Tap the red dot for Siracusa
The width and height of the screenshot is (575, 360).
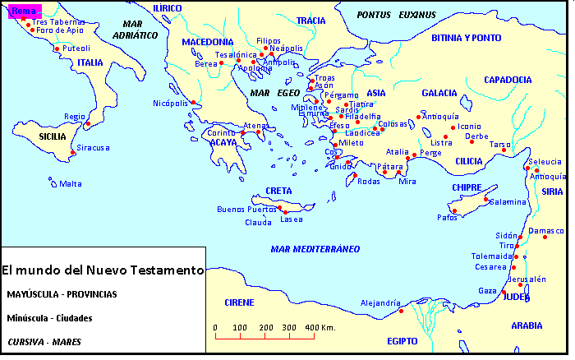click(x=72, y=153)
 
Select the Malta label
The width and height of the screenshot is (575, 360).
click(x=71, y=183)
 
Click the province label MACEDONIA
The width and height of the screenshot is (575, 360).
click(x=208, y=42)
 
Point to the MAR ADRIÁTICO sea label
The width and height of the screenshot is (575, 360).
click(x=136, y=30)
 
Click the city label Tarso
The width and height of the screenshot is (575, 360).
click(x=499, y=144)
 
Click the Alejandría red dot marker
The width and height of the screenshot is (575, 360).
click(x=401, y=311)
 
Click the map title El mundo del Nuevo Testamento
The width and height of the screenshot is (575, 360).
click(x=102, y=270)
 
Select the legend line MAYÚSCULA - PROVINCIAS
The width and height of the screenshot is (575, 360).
click(x=62, y=293)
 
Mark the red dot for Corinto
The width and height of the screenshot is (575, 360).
click(x=242, y=133)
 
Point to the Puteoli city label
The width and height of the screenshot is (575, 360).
click(x=76, y=48)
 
